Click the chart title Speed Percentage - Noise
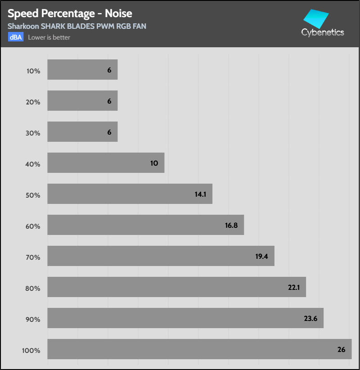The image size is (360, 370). click(70, 14)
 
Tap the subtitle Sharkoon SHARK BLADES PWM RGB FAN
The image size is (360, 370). click(76, 26)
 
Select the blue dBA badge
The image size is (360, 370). click(15, 37)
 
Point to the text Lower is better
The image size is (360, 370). click(49, 37)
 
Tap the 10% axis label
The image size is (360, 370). click(33, 71)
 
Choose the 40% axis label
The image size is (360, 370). click(33, 164)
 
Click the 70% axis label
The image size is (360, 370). click(33, 257)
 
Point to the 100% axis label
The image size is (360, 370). click(31, 351)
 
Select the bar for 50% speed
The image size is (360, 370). click(130, 194)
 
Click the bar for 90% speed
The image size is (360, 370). click(185, 318)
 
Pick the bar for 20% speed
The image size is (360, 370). click(82, 101)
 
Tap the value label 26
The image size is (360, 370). click(341, 349)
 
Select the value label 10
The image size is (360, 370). click(154, 163)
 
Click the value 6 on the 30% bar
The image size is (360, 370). click(109, 132)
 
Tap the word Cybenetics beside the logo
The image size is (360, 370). click(323, 32)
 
